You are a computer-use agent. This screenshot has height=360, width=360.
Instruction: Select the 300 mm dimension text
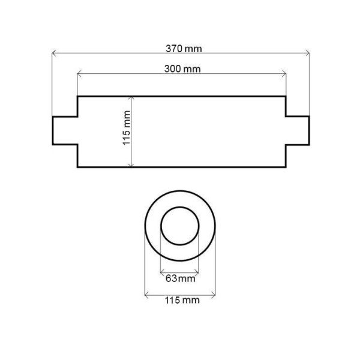coord(182,68)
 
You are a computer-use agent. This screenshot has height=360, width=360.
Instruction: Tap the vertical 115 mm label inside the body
coord(126,131)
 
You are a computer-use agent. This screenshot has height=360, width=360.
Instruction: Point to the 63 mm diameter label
coord(179,278)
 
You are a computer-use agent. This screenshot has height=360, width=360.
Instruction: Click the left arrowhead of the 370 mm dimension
coord(54,54)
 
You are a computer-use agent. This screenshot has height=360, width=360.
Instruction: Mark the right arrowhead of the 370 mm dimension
coord(309,54)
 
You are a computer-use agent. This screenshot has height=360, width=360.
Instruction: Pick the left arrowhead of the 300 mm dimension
coord(79,74)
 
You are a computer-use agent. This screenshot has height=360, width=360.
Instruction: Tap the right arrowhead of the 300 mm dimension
coord(284,74)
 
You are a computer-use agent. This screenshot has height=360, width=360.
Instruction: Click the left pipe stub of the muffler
coord(65,131)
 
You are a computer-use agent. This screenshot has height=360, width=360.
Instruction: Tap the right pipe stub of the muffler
coord(298,131)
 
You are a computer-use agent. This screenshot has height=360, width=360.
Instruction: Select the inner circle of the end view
coord(179,227)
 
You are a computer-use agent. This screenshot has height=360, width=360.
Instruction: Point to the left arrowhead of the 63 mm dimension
coord(162,272)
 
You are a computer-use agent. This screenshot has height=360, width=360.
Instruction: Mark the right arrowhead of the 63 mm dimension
coord(197,272)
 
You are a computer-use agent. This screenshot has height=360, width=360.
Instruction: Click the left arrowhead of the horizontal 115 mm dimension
coord(147,293)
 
